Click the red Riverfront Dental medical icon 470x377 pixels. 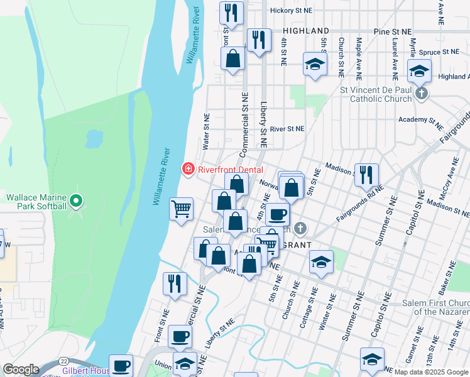pos(187,168)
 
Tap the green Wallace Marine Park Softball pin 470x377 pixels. pos(76,202)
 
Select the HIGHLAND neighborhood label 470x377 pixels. pos(306,31)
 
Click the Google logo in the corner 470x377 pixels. pos(21,369)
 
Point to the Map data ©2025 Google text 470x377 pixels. pos(431,372)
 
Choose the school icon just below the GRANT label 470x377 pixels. pos(321,262)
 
